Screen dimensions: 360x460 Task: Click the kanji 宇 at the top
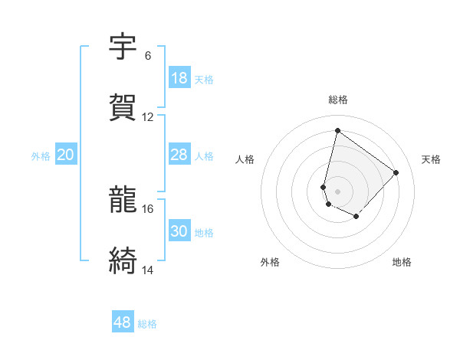tap(123, 47)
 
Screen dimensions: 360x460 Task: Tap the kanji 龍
tap(123, 201)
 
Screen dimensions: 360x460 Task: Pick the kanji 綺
tap(123, 261)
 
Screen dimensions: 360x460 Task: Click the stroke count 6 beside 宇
tap(147, 56)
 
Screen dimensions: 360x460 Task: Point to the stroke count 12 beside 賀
tap(148, 117)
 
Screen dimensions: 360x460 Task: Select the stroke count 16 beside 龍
tap(148, 208)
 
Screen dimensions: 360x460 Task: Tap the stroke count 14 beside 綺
tap(148, 270)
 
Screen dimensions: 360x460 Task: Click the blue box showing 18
tap(179, 78)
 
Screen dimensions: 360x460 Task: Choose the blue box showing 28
tap(179, 155)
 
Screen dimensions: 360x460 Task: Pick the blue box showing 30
tap(179, 231)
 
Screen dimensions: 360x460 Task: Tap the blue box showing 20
tap(66, 155)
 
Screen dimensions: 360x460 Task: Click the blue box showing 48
tap(123, 322)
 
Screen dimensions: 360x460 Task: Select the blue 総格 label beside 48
tap(147, 324)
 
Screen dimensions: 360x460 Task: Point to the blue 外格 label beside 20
tap(41, 156)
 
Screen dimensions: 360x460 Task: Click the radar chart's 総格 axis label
tap(338, 100)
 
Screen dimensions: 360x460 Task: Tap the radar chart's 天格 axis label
tap(432, 159)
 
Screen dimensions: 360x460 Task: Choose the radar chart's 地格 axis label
tap(402, 262)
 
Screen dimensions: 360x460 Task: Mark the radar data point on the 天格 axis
tap(396, 172)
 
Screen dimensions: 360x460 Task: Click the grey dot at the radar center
tap(338, 191)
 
